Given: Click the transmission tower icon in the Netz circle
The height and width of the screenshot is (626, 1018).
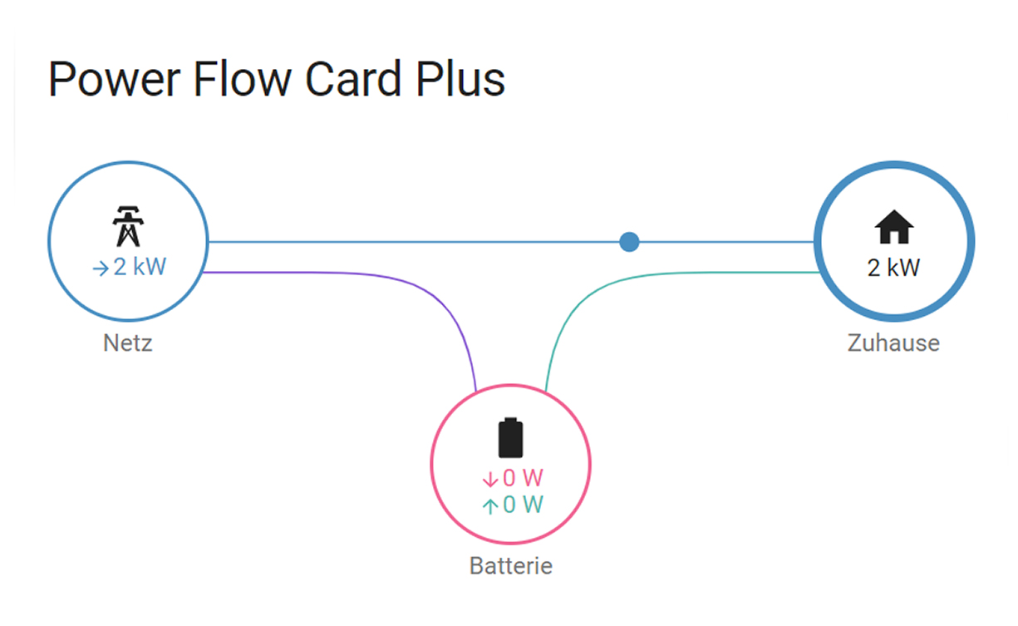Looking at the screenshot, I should tap(127, 225).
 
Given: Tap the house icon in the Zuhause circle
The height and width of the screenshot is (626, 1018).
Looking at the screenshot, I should tap(894, 227).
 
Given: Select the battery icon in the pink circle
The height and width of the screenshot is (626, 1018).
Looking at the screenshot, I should tap(511, 438).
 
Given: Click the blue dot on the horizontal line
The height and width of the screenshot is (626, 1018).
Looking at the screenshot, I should tap(629, 242).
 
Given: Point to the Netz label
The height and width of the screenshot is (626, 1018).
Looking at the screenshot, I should tap(128, 343).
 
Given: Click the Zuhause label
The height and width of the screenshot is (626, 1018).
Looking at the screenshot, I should tap(893, 343).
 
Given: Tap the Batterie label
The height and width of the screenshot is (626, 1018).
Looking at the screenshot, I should tap(510, 566).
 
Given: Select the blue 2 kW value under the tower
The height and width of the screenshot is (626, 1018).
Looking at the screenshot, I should tap(140, 268).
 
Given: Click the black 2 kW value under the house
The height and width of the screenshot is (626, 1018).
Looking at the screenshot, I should tap(894, 268).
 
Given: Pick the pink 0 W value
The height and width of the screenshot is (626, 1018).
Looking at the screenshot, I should tap(523, 478).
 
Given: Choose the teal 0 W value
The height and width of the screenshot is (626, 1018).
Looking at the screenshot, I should tap(523, 505).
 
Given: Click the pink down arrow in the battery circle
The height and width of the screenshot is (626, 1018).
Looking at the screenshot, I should tap(489, 479).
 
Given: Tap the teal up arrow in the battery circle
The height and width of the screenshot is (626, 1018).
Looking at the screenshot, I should tap(489, 505).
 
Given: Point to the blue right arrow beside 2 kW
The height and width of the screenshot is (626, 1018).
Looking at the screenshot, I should tap(100, 269).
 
